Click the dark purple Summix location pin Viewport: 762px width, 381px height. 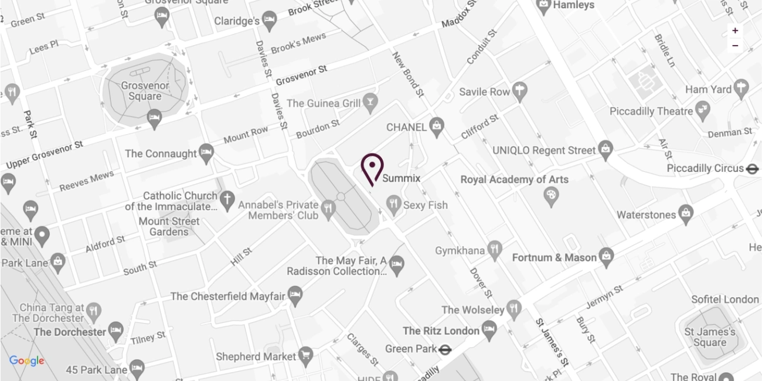tap(372, 168)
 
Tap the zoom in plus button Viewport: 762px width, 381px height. tap(735, 30)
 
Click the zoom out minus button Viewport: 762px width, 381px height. tap(735, 45)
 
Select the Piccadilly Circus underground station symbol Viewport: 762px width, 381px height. tap(753, 169)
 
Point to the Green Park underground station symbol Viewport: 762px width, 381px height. tap(445, 349)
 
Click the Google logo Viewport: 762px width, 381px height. tap(26, 361)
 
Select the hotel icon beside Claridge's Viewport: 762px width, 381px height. tap(270, 21)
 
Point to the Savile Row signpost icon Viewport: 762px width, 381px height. tap(519, 91)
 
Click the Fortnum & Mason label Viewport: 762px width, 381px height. tap(554, 258)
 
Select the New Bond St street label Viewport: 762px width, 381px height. tap(408, 74)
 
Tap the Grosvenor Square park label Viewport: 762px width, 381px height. tap(145, 91)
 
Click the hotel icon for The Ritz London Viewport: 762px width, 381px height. tap(489, 330)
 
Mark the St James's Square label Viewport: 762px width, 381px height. tap(705, 338)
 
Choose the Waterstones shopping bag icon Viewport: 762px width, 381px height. tap(685, 215)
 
